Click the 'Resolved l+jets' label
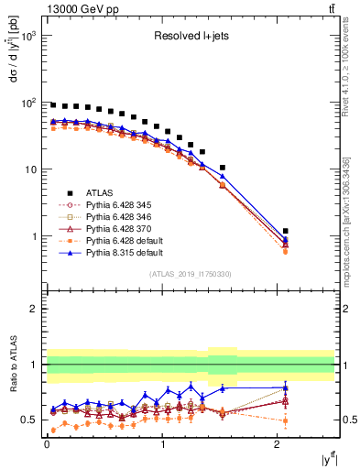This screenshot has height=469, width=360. coord(190,37)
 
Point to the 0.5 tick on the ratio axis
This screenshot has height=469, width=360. coord(28,420)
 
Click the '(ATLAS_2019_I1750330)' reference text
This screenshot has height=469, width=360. coord(190,274)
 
